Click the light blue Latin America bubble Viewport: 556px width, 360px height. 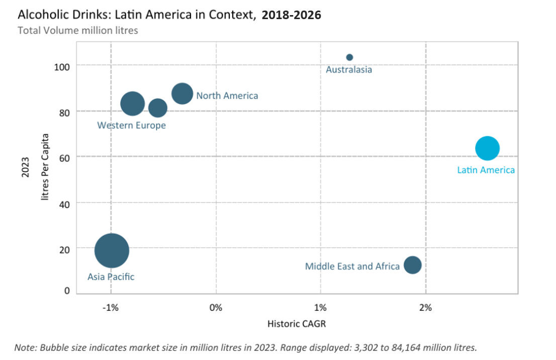[x=487, y=148]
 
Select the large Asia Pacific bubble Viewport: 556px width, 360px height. [x=112, y=250]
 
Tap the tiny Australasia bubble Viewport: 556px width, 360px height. [x=349, y=57]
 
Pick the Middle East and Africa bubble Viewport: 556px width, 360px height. [x=412, y=264]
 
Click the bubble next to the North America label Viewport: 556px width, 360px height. [x=182, y=94]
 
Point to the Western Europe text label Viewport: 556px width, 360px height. [x=131, y=125]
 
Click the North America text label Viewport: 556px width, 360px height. [x=227, y=96]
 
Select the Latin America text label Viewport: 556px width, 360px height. [x=486, y=170]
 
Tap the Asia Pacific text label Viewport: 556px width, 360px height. [x=111, y=277]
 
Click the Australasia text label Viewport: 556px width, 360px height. [x=349, y=70]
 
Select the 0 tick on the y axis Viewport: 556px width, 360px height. [x=66, y=291]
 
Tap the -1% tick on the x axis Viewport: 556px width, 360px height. [x=111, y=308]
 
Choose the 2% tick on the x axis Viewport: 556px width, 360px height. [x=425, y=308]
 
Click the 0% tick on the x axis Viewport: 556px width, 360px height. [x=216, y=308]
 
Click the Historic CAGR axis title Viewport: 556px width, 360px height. [x=297, y=324]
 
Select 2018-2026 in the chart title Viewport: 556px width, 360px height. [x=291, y=15]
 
